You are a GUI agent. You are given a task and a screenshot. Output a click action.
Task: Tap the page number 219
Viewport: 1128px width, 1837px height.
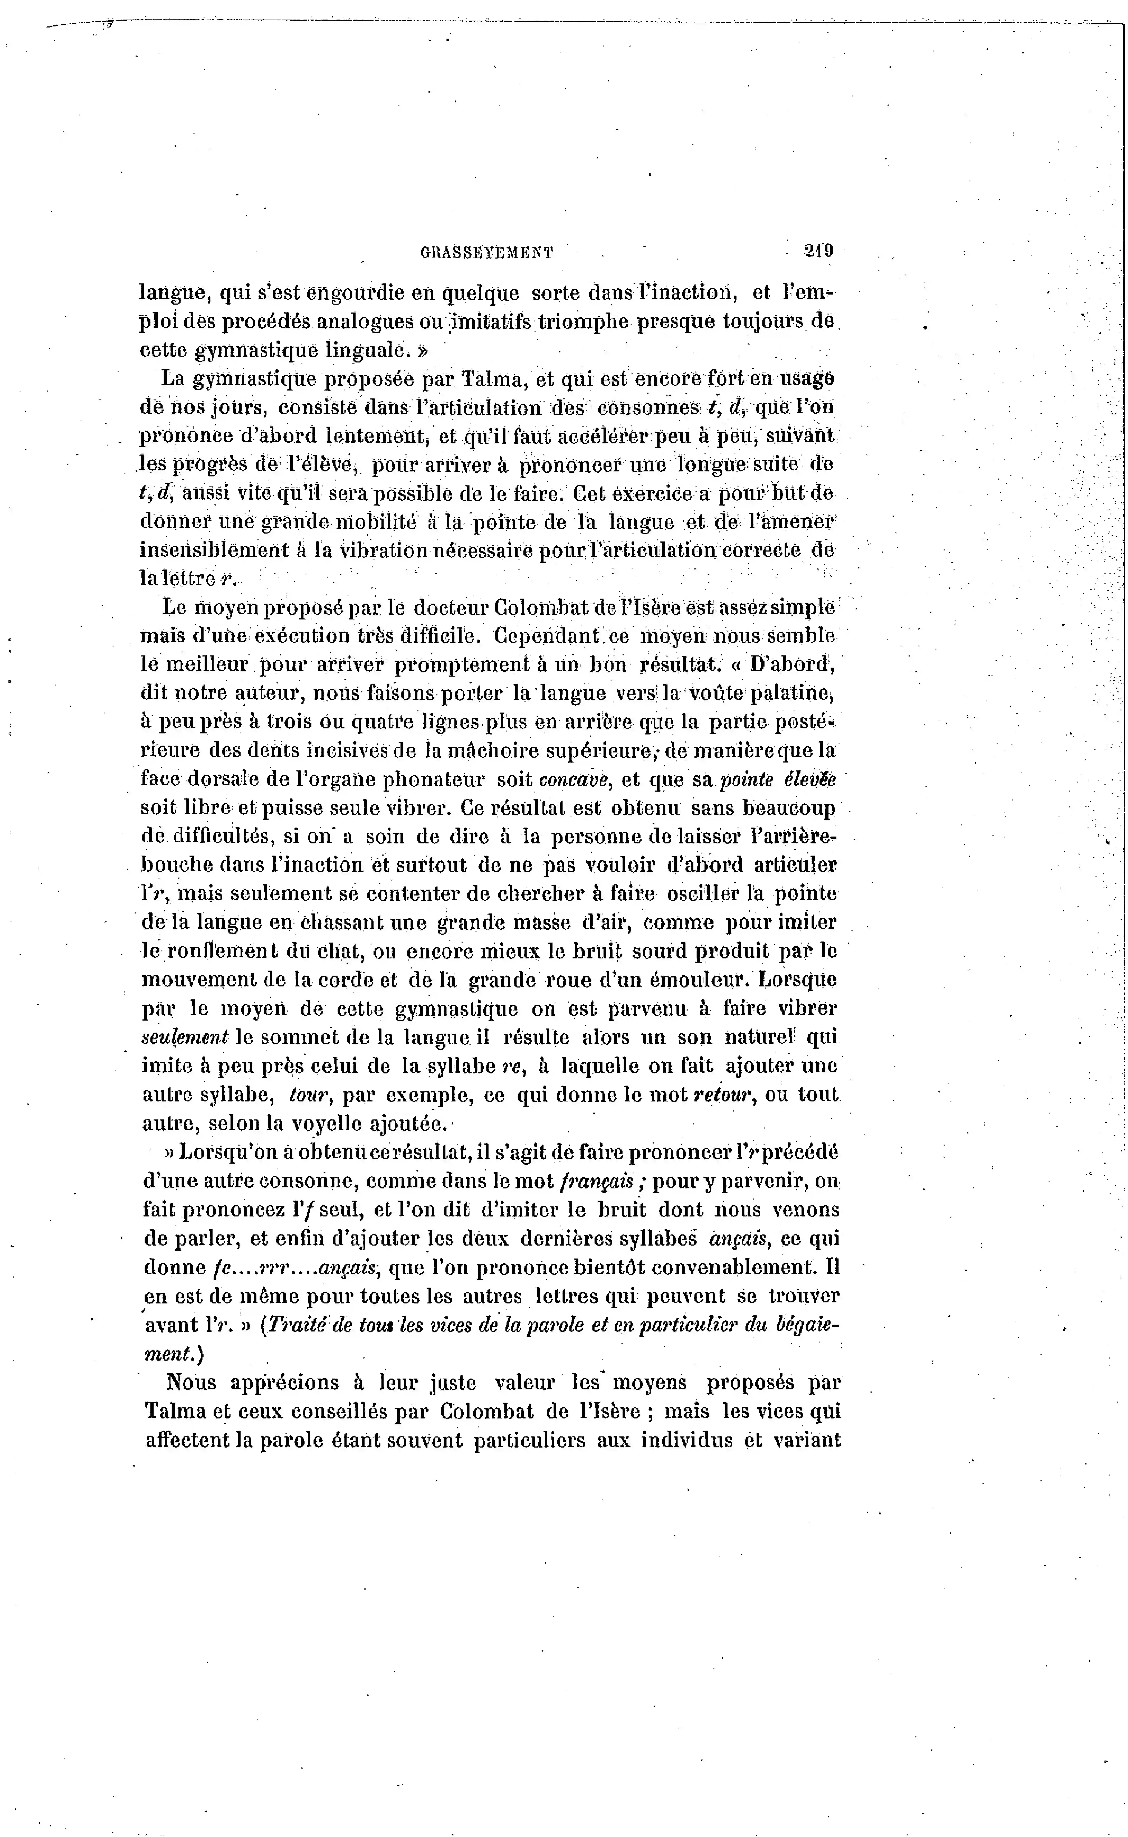pyautogui.click(x=818, y=251)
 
